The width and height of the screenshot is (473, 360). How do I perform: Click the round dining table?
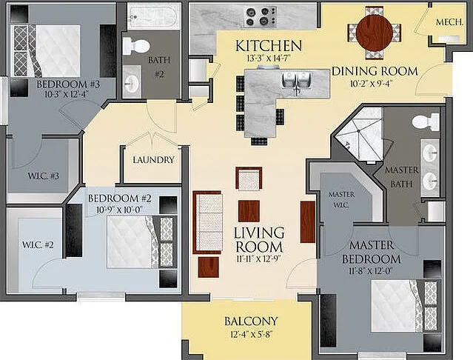[375, 33]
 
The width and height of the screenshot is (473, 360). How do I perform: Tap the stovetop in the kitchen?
[261, 16]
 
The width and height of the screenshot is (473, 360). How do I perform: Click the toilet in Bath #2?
[136, 46]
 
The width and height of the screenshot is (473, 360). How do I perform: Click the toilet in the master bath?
[426, 122]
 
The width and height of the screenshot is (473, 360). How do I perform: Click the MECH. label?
[449, 22]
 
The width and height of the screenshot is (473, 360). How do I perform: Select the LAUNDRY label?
[154, 160]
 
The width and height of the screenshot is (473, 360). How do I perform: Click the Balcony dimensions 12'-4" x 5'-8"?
[251, 334]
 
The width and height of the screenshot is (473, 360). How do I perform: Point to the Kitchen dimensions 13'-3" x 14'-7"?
[269, 58]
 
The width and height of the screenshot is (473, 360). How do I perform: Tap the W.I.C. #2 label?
[38, 244]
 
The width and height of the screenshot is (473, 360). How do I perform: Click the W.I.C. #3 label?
[43, 176]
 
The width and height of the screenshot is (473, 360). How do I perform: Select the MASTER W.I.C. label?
[341, 199]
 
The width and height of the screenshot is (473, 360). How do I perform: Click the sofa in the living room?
[207, 222]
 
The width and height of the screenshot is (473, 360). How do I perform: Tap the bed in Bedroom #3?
[46, 51]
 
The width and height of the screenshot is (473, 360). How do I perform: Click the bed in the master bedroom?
[404, 306]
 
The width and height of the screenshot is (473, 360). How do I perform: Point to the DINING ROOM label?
[375, 71]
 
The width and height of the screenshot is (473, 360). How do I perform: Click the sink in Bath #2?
[132, 81]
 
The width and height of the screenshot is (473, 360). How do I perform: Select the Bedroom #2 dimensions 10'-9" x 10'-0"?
[119, 210]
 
